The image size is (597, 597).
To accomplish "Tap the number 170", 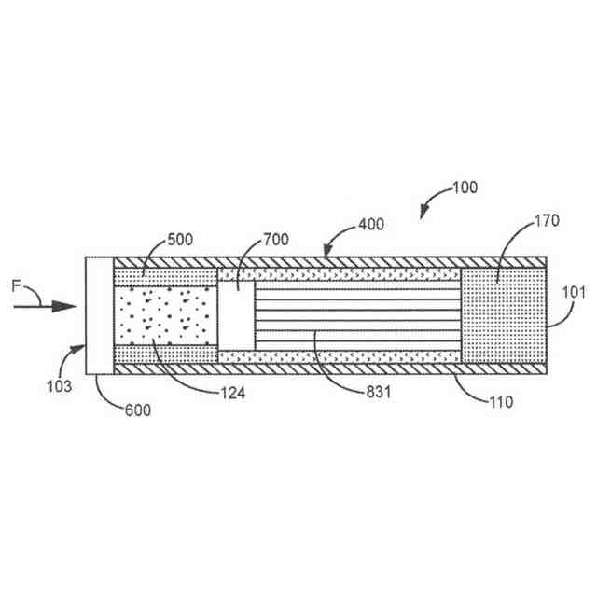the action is point(521,221).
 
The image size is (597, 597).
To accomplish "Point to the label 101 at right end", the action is point(574,292).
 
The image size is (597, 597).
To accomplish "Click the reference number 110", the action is point(502,404).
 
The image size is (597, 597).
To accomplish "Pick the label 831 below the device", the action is point(376,393).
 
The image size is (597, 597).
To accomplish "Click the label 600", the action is point(137,410).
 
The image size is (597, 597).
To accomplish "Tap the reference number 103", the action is point(57,383).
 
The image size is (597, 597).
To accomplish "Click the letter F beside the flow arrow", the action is point(16,287).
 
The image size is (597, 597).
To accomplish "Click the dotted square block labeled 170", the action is point(503,315).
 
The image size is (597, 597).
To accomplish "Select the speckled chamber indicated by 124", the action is point(164,315).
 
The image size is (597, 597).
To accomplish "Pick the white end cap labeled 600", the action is point(98,315).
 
